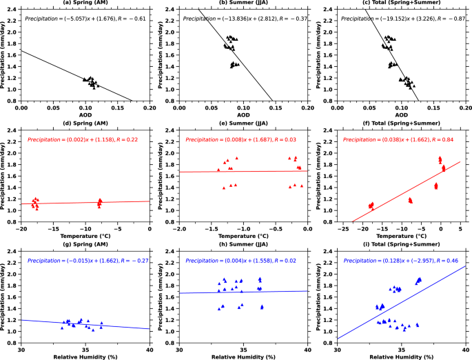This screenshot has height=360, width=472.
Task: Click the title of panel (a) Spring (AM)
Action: tap(85, 3)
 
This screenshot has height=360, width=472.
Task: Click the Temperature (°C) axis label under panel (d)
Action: tap(85, 236)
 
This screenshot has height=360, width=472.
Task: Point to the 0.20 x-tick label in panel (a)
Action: tap(150, 108)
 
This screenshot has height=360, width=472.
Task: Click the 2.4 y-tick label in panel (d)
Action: tap(13, 131)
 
